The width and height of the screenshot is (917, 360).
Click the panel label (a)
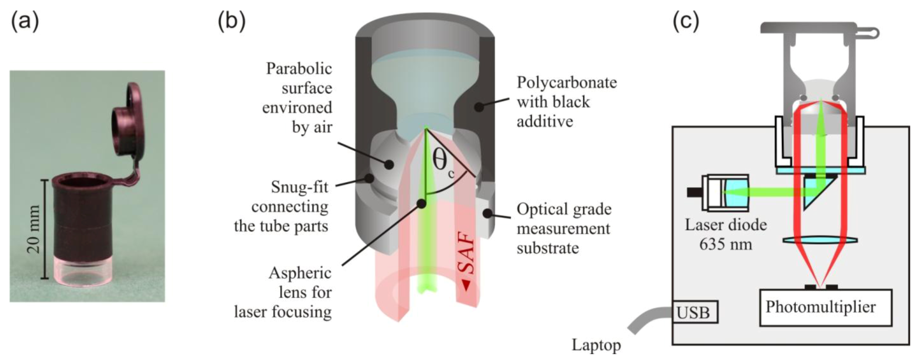[25, 21]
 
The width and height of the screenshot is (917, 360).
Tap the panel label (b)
[231, 21]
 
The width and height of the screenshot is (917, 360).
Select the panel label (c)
[686, 21]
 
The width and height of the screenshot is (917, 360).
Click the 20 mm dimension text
[34, 229]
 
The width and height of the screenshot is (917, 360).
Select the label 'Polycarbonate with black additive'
[566, 102]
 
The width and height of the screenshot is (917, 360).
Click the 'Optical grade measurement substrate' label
[564, 228]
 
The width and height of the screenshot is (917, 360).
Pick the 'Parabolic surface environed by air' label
[299, 98]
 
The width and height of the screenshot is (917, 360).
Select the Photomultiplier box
[825, 307]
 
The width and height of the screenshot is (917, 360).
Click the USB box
[694, 312]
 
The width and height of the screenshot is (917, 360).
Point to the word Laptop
[596, 345]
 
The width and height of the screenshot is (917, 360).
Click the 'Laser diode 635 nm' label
[726, 234]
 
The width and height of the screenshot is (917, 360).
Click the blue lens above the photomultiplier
[820, 240]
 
